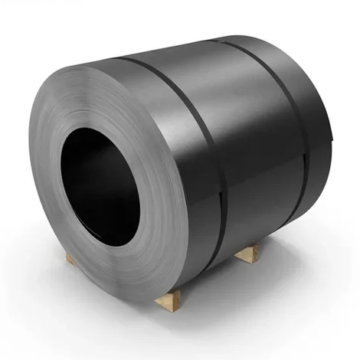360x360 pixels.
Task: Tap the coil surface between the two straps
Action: coord(245,146)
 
